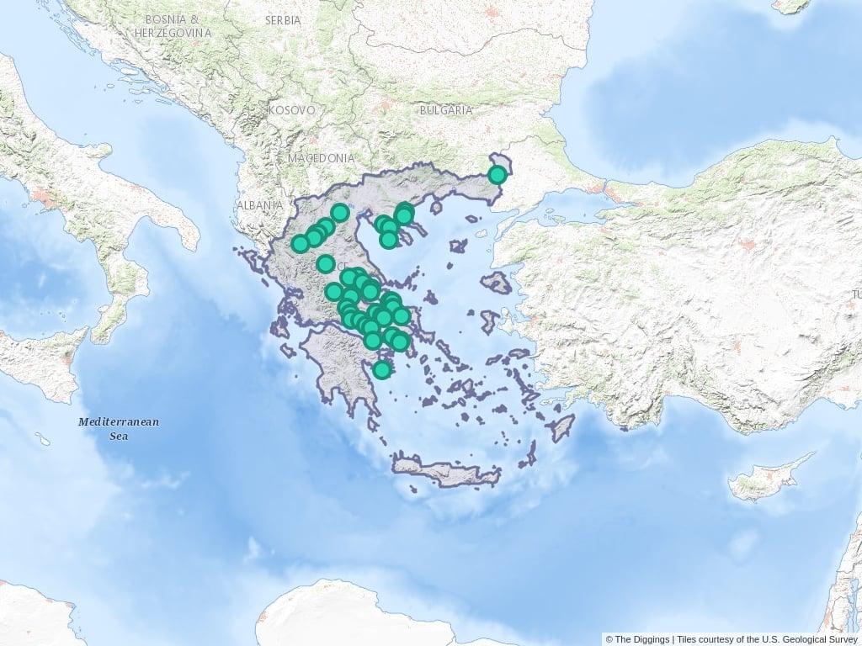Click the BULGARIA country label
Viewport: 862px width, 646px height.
click(x=446, y=110)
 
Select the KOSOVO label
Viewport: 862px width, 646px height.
click(x=291, y=110)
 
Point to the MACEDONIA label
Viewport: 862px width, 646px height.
click(x=321, y=158)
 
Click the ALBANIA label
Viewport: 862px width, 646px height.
click(x=259, y=204)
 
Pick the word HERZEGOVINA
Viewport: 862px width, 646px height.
click(x=173, y=32)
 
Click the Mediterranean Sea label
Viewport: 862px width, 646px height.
click(x=119, y=428)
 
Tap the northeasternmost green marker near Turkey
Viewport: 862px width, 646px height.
click(x=498, y=175)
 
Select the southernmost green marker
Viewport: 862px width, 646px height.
click(x=382, y=370)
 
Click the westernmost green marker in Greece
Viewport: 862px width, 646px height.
click(x=300, y=244)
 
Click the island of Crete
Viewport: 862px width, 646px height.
click(x=446, y=471)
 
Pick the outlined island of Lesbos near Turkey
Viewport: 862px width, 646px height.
click(x=498, y=283)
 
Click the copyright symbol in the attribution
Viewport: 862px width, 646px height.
click(x=609, y=639)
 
